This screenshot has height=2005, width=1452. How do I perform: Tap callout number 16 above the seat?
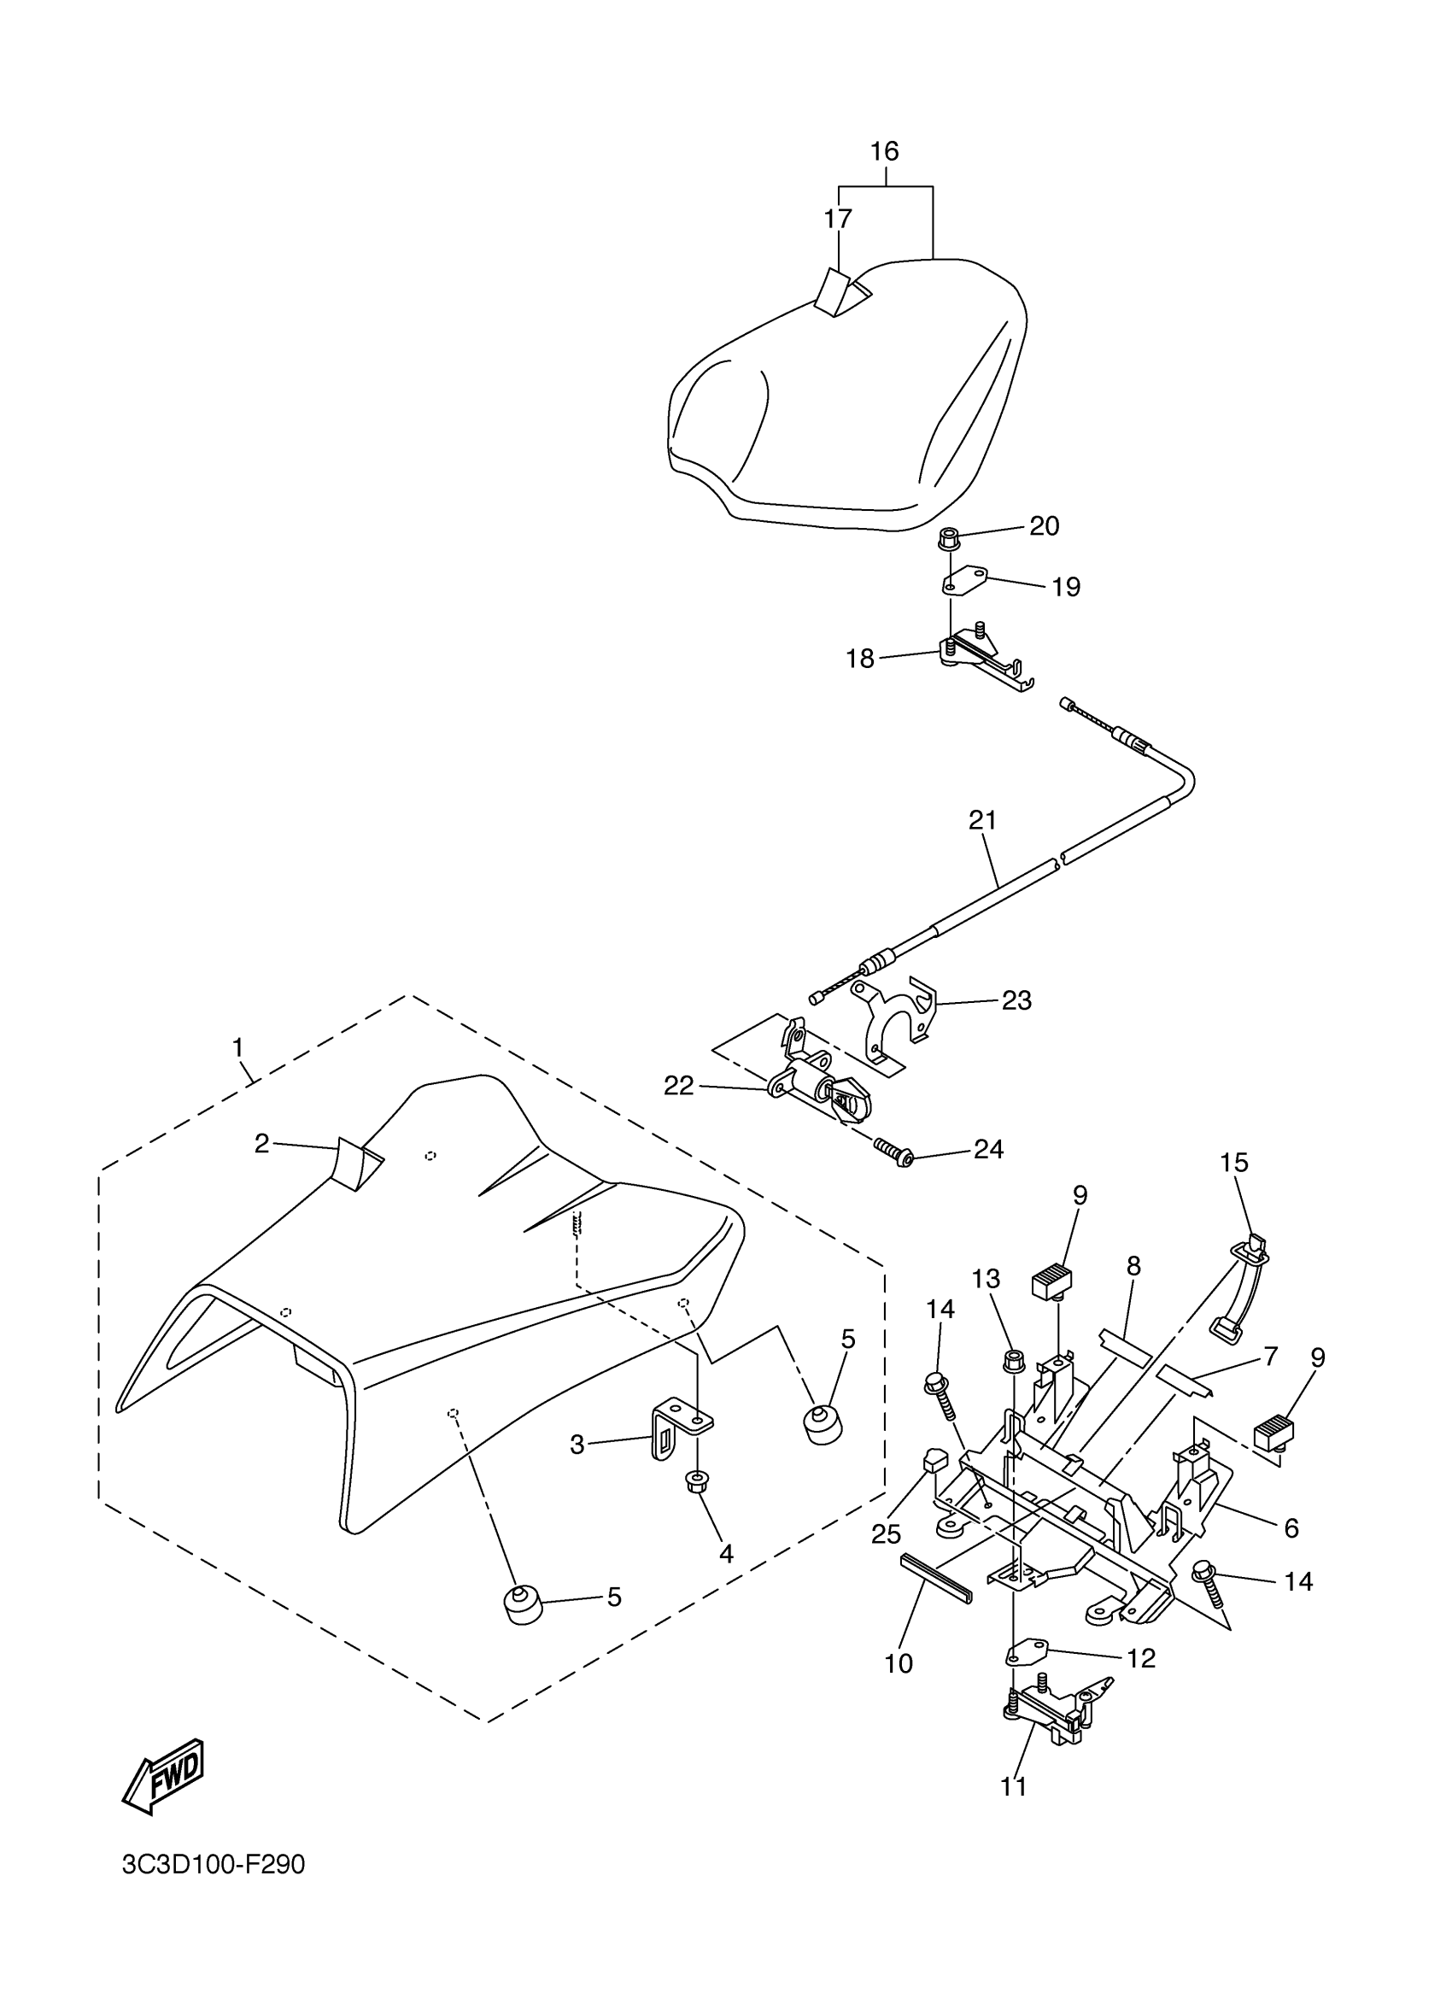(x=884, y=151)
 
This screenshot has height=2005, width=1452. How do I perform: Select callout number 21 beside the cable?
(x=982, y=820)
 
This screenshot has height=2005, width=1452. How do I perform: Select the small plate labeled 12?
(x=1025, y=1650)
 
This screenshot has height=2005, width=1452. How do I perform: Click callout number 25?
(x=886, y=1534)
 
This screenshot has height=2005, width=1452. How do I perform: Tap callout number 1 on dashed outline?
(x=237, y=1047)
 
